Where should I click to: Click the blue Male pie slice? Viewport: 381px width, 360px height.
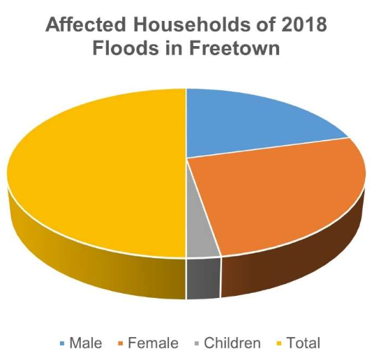[251, 121]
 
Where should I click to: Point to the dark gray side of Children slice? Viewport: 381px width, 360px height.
[204, 278]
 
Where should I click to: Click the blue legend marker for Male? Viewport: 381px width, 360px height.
[62, 344]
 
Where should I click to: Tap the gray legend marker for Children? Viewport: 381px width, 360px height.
[197, 344]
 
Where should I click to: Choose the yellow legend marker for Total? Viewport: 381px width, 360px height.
[280, 344]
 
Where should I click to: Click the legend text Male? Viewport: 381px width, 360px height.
[86, 343]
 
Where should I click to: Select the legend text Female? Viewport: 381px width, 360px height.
[153, 343]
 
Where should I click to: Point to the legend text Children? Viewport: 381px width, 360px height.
[232, 343]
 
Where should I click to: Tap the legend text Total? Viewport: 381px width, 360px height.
[304, 343]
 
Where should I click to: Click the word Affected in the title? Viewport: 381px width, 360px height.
[86, 24]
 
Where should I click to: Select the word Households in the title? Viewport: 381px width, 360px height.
[191, 24]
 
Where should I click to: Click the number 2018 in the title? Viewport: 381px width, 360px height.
[304, 24]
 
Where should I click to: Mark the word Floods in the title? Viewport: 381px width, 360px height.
[126, 48]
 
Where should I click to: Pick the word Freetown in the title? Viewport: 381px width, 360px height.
[235, 48]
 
